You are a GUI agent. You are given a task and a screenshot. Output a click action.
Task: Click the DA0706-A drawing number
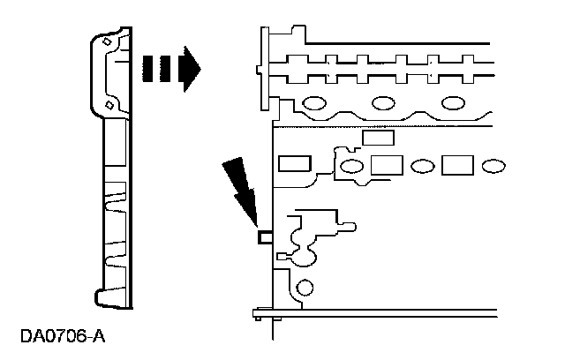63,336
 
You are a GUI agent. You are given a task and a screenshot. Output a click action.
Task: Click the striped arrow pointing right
169,70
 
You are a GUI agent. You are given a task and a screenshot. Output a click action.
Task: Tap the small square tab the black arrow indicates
262,236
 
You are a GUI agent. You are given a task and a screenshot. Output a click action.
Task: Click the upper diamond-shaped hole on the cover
108,41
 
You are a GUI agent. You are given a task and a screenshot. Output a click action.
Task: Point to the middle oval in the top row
384,102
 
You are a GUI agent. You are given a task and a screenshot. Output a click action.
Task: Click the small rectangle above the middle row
377,138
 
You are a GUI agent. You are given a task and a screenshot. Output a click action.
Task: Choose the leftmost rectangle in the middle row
291,164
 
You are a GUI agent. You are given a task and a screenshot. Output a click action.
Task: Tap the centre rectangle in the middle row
387,165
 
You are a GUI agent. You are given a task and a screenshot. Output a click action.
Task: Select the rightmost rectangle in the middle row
457,165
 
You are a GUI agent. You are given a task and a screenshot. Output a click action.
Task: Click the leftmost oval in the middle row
350,166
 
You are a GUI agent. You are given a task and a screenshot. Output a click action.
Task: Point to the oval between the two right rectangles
422,165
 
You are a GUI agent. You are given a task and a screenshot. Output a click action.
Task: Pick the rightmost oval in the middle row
493,165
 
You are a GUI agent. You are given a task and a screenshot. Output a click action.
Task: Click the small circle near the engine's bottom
305,288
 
